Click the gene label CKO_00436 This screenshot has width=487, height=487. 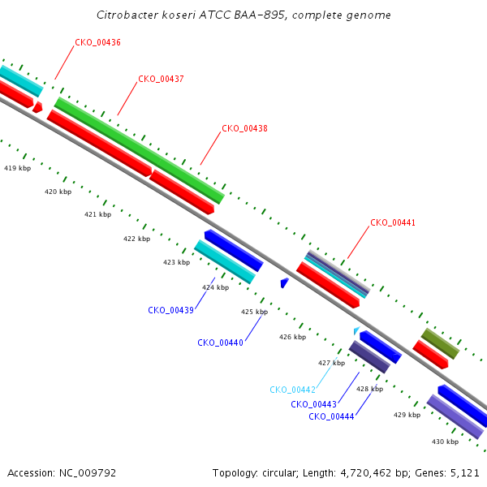point(98,42)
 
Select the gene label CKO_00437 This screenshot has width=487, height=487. point(161,79)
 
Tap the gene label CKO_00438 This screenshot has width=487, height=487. point(244,128)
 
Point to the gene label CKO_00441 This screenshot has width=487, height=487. point(393,222)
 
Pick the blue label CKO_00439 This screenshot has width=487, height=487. point(170,310)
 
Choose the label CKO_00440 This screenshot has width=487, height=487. point(220,343)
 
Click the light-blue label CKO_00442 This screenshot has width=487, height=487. point(292,390)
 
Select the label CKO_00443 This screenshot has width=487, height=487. point(313,404)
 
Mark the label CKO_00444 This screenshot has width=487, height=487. point(331,416)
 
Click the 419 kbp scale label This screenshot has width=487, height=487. point(17,168)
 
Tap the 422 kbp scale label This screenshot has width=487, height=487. point(136,239)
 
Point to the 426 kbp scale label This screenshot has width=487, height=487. point(292,337)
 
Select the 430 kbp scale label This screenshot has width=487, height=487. point(445,442)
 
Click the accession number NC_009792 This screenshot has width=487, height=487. point(88,473)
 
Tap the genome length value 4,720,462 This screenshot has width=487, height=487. point(366,473)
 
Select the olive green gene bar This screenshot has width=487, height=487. point(440,343)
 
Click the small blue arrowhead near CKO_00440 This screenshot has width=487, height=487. point(284,282)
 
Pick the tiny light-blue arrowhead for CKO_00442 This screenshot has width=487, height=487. point(356,330)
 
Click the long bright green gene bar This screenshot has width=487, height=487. point(140,151)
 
